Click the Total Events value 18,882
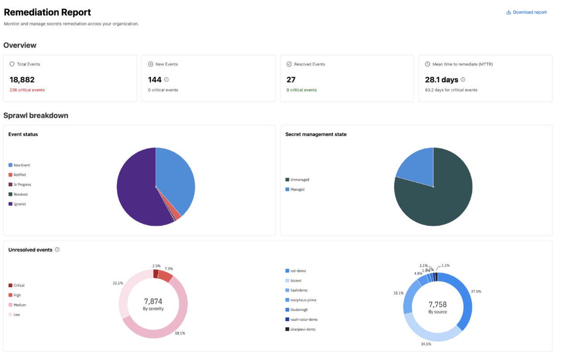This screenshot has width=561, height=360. [x=22, y=80]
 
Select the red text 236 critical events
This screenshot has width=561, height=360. [x=27, y=90]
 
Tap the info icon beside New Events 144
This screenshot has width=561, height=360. [x=167, y=80]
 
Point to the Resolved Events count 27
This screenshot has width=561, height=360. [x=291, y=80]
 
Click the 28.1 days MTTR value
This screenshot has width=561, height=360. [x=441, y=80]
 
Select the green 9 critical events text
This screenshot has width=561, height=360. [x=301, y=90]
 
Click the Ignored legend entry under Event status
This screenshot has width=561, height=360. [x=19, y=204]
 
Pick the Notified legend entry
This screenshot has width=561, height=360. [x=19, y=175]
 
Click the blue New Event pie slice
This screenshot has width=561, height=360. [x=176, y=179]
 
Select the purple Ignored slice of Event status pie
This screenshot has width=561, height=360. [x=136, y=192]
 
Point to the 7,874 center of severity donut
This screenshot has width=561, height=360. [x=153, y=301]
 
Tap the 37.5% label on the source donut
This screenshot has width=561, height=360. [x=476, y=291]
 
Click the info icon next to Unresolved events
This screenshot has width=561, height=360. [x=57, y=250]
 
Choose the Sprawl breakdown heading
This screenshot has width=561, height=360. [x=36, y=116]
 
